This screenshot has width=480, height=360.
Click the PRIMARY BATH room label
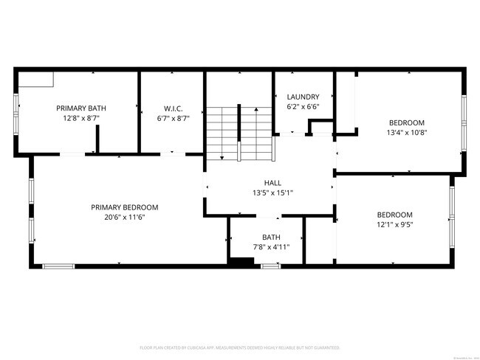[81, 108]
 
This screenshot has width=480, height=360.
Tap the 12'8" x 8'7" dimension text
[81, 118]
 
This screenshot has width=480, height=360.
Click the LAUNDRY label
[304, 97]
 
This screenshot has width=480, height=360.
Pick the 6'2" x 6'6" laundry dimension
[304, 107]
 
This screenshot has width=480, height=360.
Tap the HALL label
[272, 183]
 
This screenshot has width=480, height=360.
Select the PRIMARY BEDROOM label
[125, 207]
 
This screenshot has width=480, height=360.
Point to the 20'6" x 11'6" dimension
[125, 218]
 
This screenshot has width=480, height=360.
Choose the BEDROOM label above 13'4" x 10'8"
[407, 122]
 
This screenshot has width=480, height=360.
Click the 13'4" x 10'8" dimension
[407, 133]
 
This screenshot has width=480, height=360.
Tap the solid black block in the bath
[241, 260]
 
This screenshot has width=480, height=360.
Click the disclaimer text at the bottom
[239, 347]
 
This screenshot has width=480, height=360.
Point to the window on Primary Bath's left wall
[15, 114]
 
